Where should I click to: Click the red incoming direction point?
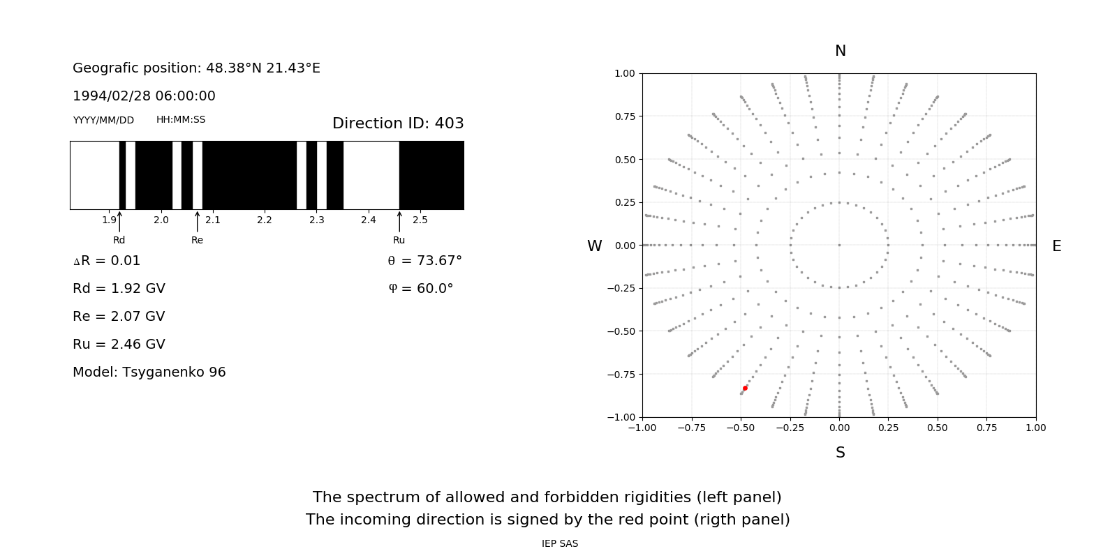tap(745, 388)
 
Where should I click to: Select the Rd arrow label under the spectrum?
tap(119, 241)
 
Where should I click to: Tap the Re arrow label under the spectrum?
tap(197, 241)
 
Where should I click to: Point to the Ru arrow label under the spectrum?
tap(399, 241)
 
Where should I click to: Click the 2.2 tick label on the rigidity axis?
tap(265, 220)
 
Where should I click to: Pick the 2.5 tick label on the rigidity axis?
tap(420, 220)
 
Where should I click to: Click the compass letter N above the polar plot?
tap(840, 51)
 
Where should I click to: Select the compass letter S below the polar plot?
tap(840, 453)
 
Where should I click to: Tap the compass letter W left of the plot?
tap(594, 246)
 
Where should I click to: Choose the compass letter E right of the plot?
tap(1056, 246)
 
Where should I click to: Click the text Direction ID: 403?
tap(398, 123)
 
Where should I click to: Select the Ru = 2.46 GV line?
tap(119, 345)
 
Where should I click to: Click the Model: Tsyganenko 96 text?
tap(149, 372)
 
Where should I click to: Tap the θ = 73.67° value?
tap(425, 261)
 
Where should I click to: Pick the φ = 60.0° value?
tap(421, 289)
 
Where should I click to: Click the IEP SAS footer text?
tap(559, 544)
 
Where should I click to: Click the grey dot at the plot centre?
tap(839, 245)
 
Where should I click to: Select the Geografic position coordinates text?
tap(196, 68)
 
